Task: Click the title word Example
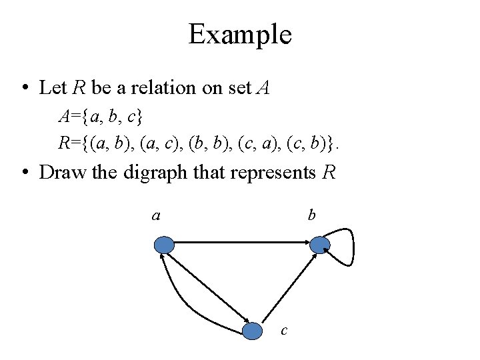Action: pos(239,35)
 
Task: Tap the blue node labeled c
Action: pos(253,331)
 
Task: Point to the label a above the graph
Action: pos(156,216)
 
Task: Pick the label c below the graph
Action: pos(284,330)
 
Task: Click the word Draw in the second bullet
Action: pos(58,173)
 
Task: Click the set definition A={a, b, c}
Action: pos(101,117)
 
